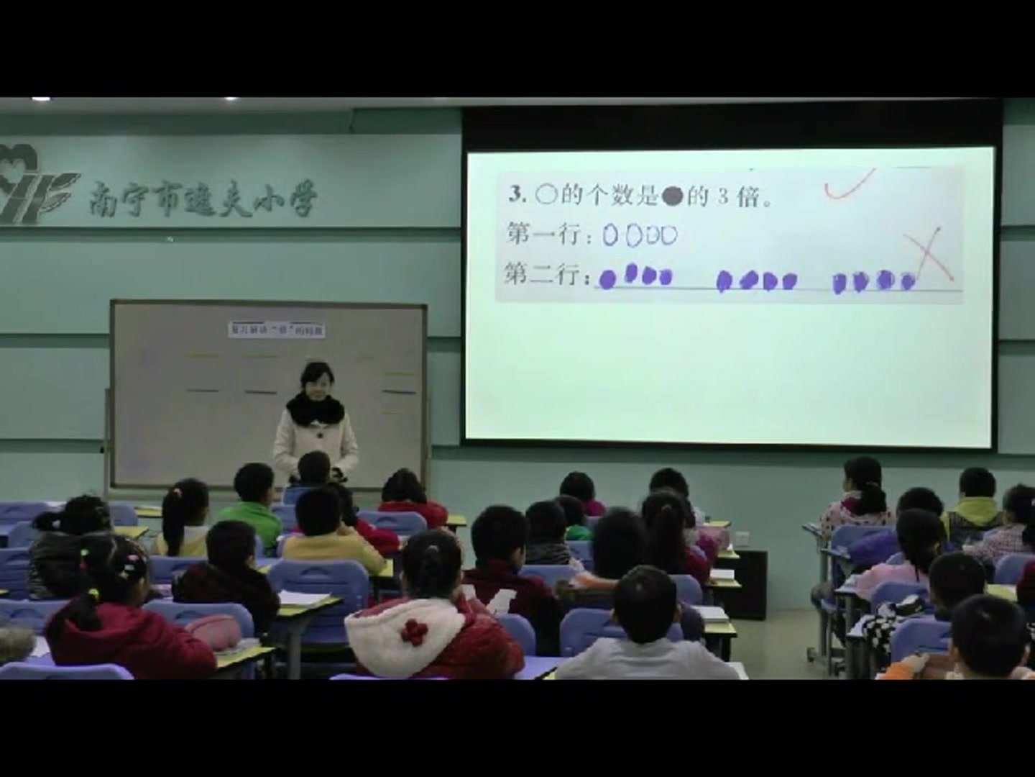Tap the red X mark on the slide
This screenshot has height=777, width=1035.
pos(930,254)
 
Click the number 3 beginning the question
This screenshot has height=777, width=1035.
pos(515,194)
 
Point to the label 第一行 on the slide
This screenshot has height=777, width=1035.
pos(546,234)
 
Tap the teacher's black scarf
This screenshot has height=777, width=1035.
pos(315,409)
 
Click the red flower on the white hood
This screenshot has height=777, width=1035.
pos(411,631)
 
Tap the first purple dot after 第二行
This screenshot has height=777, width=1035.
pos(608,279)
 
